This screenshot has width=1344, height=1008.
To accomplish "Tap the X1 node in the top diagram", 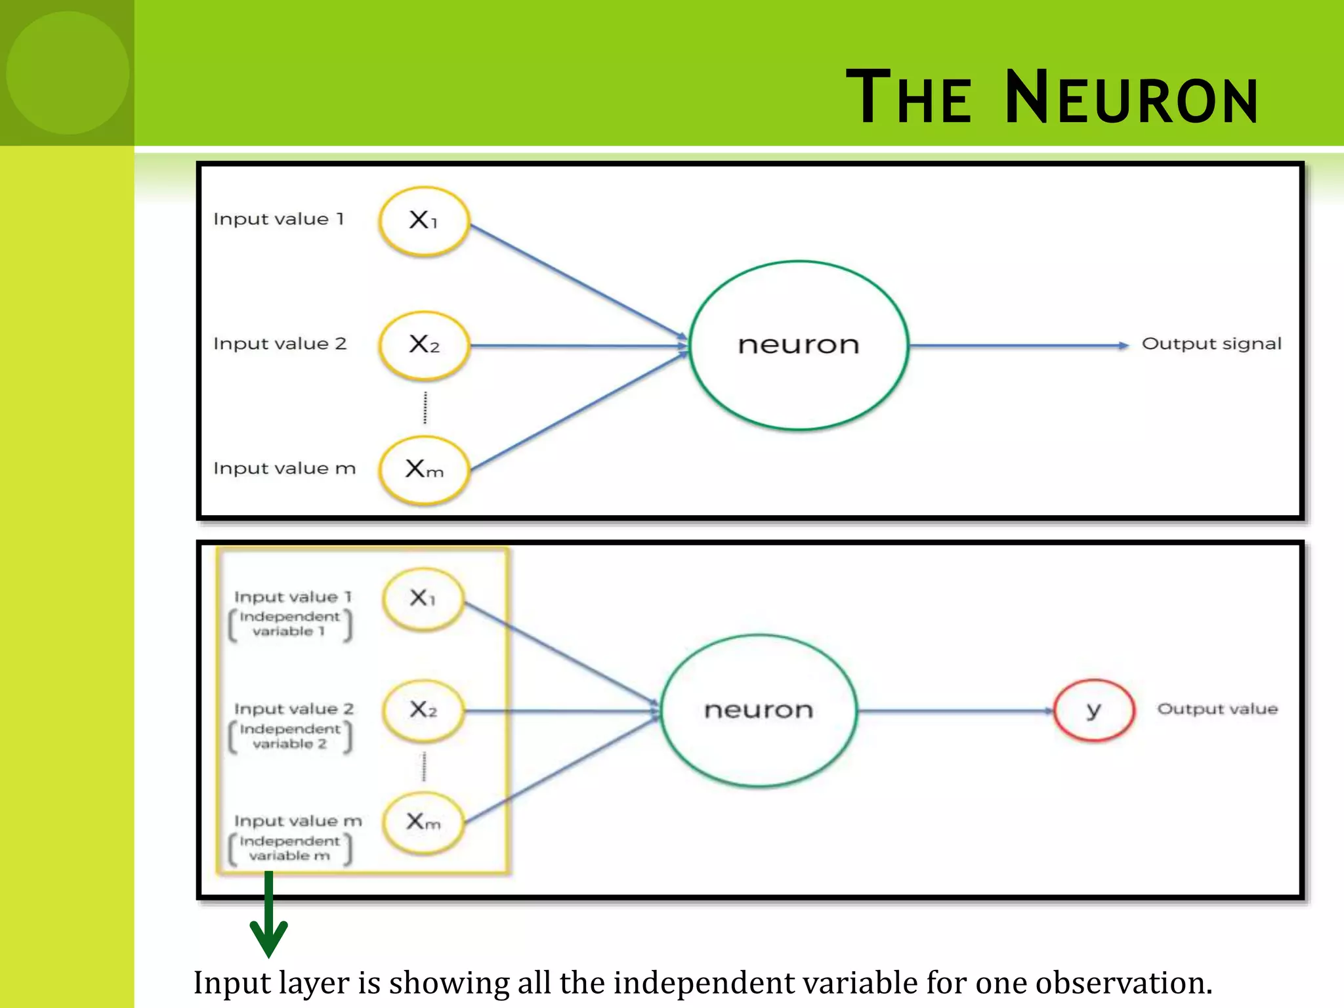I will [424, 220].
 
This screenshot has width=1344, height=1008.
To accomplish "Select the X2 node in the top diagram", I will [424, 345].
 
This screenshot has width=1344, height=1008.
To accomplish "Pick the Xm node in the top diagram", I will [424, 470].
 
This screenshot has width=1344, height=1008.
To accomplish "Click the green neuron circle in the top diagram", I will [798, 345].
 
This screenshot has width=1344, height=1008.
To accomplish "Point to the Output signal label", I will [1211, 344].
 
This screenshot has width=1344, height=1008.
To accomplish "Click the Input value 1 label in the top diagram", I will [278, 219].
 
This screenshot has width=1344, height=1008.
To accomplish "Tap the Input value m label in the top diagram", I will [284, 469].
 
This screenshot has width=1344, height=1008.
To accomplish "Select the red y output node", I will [1093, 710].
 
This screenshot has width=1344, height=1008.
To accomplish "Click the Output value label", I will [1217, 709].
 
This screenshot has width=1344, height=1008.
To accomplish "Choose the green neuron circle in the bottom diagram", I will [758, 710].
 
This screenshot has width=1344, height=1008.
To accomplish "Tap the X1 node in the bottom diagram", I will [423, 598].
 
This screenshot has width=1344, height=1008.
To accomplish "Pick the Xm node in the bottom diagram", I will [423, 822].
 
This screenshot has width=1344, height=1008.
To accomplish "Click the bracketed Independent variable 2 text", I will [289, 736].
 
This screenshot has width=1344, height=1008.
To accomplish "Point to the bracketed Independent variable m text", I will [289, 849].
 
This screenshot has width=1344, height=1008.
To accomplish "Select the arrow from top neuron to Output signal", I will [1017, 345].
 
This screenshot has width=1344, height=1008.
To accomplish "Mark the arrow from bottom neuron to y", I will [955, 711].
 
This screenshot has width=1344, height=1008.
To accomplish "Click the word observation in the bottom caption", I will [1123, 983].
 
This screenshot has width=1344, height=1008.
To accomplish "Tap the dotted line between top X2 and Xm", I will [425, 408].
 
